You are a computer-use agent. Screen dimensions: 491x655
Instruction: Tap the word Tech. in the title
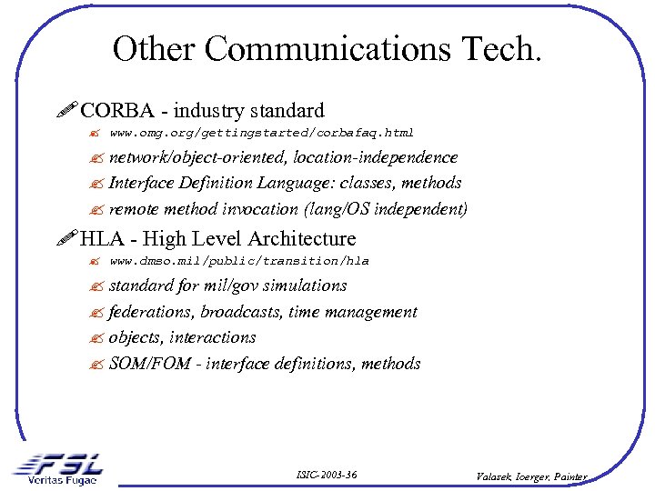point(503,48)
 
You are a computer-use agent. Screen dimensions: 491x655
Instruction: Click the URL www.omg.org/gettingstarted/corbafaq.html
point(261,133)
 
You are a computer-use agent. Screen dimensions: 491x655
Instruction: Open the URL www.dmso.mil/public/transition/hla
point(238,261)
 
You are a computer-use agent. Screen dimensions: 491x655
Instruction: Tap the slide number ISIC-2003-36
point(327,475)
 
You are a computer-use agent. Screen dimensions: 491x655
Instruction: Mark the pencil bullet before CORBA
point(67,111)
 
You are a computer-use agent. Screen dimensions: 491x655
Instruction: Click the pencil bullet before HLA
point(67,239)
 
